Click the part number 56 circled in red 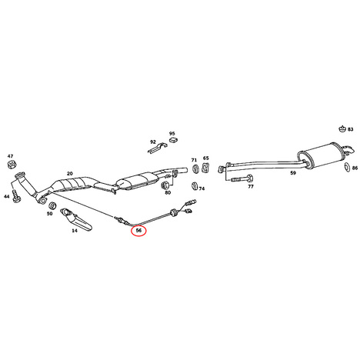(138, 230)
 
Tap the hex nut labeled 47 (11, 165)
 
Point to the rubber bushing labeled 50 (52, 205)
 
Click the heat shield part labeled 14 (76, 218)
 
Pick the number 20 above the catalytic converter (69, 174)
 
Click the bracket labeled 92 (157, 148)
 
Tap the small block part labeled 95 (174, 139)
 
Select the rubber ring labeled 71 (195, 169)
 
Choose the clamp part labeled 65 (205, 168)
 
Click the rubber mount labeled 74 (195, 186)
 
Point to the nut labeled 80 (165, 185)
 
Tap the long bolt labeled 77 (242, 178)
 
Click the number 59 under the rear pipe (293, 173)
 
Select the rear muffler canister (321, 155)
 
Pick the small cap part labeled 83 (342, 129)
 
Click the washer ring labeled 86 (347, 167)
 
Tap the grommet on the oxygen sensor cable (173, 212)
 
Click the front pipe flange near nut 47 (18, 175)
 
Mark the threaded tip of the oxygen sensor (117, 218)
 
